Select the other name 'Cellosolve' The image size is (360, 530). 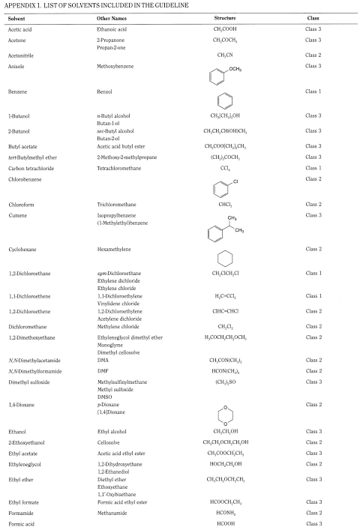(x=109, y=444)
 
